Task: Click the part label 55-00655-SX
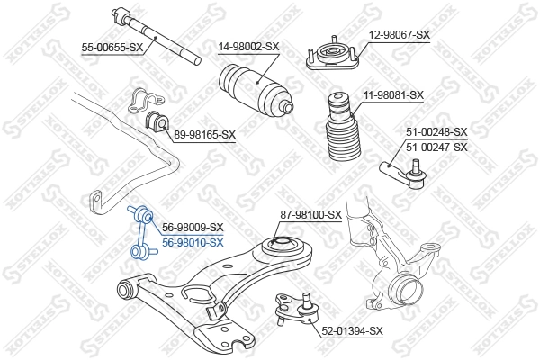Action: (112, 47)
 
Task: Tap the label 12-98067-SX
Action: (400, 35)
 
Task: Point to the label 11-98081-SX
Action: (393, 94)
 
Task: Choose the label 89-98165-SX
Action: (204, 135)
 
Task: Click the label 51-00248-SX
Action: (436, 132)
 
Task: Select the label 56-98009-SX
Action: (192, 228)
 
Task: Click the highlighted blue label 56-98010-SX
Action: (192, 241)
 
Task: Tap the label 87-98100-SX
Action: (310, 215)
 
